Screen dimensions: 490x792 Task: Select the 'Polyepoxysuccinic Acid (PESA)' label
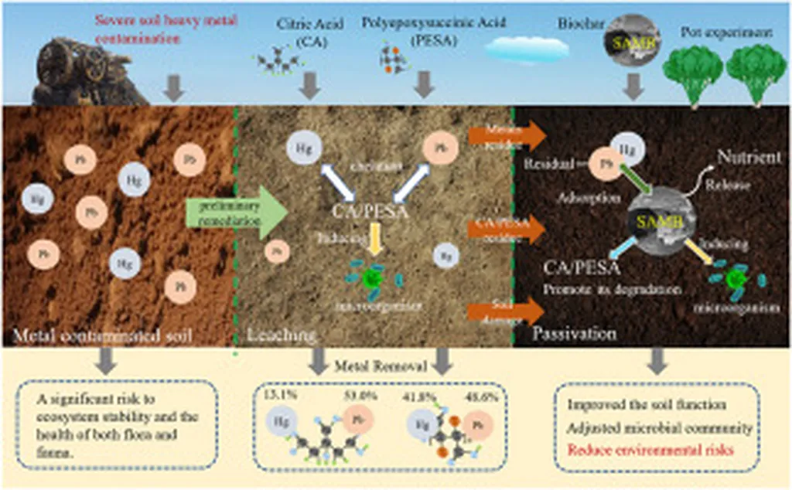point(417,32)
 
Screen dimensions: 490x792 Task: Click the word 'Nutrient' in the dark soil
point(747,158)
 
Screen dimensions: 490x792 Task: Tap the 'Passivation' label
point(575,334)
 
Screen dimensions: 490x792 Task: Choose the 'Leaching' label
point(281,335)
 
